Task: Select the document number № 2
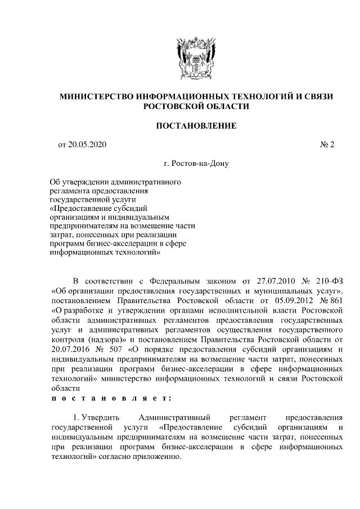pos(327,145)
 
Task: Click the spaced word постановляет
pos(107,397)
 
